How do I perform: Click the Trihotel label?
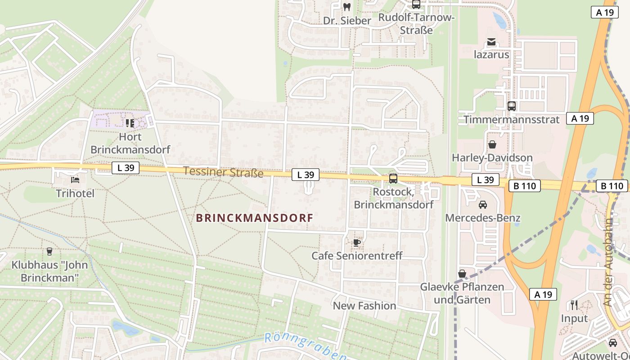click(75, 193)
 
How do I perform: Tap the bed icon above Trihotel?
click(75, 180)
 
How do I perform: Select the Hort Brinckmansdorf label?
click(130, 143)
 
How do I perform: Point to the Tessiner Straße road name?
click(223, 172)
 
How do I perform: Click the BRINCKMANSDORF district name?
click(255, 218)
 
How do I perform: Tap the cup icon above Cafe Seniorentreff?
click(357, 243)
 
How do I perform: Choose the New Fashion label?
click(364, 306)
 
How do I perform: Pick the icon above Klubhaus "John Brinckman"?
click(49, 251)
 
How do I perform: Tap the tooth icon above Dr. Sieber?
click(346, 7)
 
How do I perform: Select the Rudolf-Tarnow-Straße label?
click(417, 24)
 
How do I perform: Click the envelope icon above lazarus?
click(491, 42)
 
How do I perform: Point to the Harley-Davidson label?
click(492, 158)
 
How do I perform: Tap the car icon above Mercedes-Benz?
click(483, 205)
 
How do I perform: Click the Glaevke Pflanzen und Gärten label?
click(462, 293)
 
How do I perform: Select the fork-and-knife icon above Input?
click(574, 305)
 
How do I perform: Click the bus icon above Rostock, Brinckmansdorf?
click(393, 179)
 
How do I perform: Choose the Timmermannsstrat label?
click(512, 120)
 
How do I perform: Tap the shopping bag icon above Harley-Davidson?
click(492, 144)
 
